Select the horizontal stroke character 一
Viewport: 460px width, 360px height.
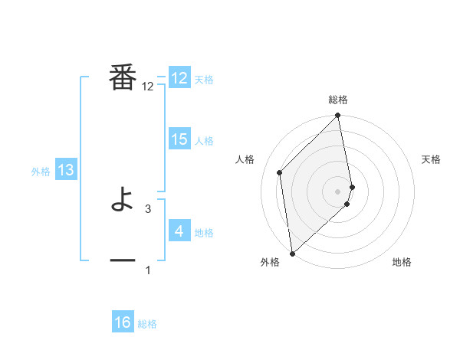tap(123, 260)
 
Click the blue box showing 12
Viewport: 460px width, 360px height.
tap(179, 78)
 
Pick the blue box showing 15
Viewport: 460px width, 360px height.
tap(179, 139)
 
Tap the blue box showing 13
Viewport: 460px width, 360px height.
tap(66, 171)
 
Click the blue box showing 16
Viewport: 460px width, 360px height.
tap(123, 322)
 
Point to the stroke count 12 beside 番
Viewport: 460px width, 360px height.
tap(148, 87)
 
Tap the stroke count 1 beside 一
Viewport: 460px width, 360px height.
tap(148, 270)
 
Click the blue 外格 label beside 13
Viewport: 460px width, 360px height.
tap(41, 172)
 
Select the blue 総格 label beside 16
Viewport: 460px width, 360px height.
tap(147, 324)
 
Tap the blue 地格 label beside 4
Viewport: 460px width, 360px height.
tap(204, 233)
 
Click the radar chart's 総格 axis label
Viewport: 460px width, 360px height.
tap(338, 100)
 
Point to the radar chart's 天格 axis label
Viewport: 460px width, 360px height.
tap(431, 159)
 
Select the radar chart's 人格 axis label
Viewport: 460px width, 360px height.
tap(245, 159)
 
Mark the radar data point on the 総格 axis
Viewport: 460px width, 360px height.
tap(338, 116)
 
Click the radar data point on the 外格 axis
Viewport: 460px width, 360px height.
tap(292, 254)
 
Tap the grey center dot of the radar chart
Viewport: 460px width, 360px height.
tap(338, 191)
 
